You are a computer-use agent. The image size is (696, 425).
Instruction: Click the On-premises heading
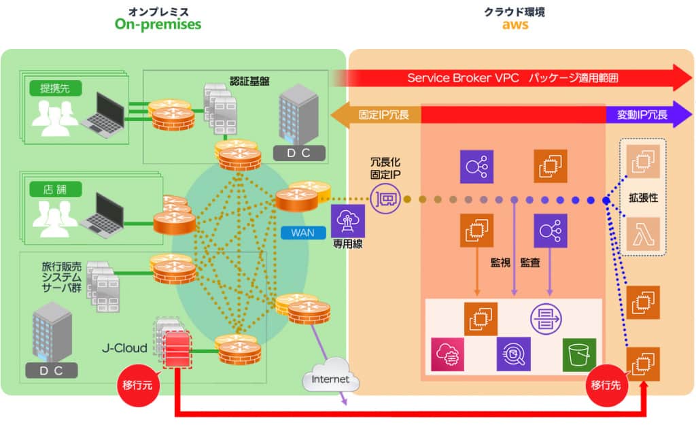tap(158, 24)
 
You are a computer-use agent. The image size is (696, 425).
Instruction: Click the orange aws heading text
tap(515, 25)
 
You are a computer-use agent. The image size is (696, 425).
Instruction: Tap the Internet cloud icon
tap(330, 379)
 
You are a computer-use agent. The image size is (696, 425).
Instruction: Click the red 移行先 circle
tap(605, 385)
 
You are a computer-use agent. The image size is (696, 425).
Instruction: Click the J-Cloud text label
tap(124, 348)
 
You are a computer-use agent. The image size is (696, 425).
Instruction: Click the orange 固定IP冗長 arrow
tap(377, 115)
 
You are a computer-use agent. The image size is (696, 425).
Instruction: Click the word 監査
tap(530, 262)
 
